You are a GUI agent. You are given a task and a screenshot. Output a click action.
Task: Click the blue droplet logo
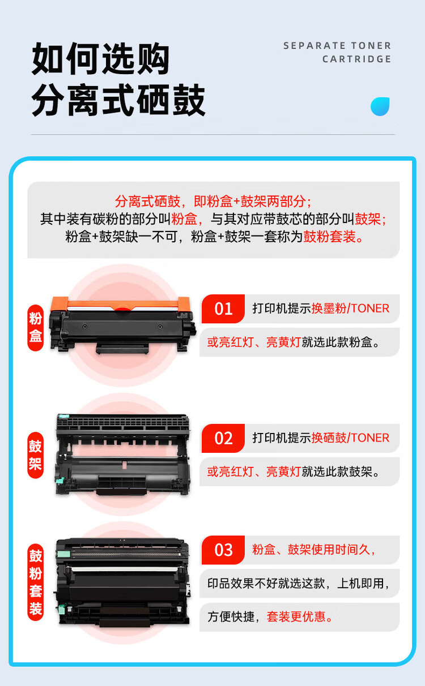(x=380, y=106)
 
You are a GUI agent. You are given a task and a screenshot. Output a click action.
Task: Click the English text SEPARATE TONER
(x=337, y=46)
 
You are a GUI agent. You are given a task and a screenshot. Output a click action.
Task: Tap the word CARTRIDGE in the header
(x=356, y=59)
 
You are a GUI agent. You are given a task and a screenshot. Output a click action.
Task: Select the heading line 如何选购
(x=100, y=59)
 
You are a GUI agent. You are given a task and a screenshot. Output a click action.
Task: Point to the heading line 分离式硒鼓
(x=118, y=101)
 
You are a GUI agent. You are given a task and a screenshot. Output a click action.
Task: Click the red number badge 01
(x=223, y=308)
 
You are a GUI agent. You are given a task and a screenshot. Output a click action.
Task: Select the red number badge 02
(x=223, y=438)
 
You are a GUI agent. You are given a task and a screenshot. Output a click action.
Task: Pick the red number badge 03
(x=223, y=550)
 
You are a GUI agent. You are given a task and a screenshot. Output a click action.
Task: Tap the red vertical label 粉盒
(x=36, y=328)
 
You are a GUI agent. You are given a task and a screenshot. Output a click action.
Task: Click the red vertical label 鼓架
(x=36, y=456)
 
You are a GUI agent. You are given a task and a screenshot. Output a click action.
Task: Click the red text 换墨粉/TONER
(x=350, y=308)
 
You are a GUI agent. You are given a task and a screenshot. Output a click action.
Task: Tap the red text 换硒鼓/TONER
(x=350, y=438)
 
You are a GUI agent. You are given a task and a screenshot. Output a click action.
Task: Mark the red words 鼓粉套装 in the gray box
(x=330, y=237)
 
